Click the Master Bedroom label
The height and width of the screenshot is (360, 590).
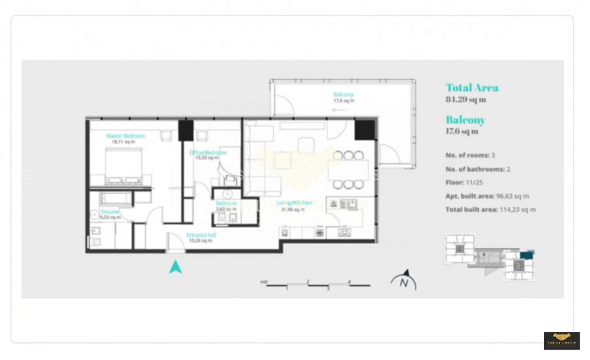pyautogui.click(x=125, y=136)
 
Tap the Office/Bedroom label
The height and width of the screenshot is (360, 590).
pyautogui.click(x=208, y=153)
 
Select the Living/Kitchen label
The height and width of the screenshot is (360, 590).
pyautogui.click(x=294, y=203)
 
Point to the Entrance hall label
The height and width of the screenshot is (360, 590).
pyautogui.click(x=201, y=235)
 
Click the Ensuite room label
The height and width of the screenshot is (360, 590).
pyautogui.click(x=110, y=212)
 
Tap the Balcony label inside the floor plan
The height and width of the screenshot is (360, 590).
pyautogui.click(x=344, y=95)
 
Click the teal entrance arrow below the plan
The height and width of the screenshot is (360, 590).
pyautogui.click(x=175, y=266)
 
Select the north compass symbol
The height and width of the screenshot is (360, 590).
pyautogui.click(x=404, y=280)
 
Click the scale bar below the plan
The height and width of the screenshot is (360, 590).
pyautogui.click(x=317, y=285)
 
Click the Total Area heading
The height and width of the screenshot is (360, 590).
pyautogui.click(x=472, y=88)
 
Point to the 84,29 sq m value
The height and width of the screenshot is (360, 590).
pyautogui.click(x=465, y=100)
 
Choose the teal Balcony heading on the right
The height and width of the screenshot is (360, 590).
pyautogui.click(x=465, y=120)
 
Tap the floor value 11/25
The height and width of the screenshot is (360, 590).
pyautogui.click(x=473, y=182)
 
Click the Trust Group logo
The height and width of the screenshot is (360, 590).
pyautogui.click(x=562, y=340)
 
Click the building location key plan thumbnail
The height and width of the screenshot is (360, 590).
pyautogui.click(x=489, y=256)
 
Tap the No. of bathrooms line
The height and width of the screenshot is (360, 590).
pyautogui.click(x=477, y=169)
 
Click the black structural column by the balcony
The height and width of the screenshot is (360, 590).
pyautogui.click(x=364, y=130)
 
